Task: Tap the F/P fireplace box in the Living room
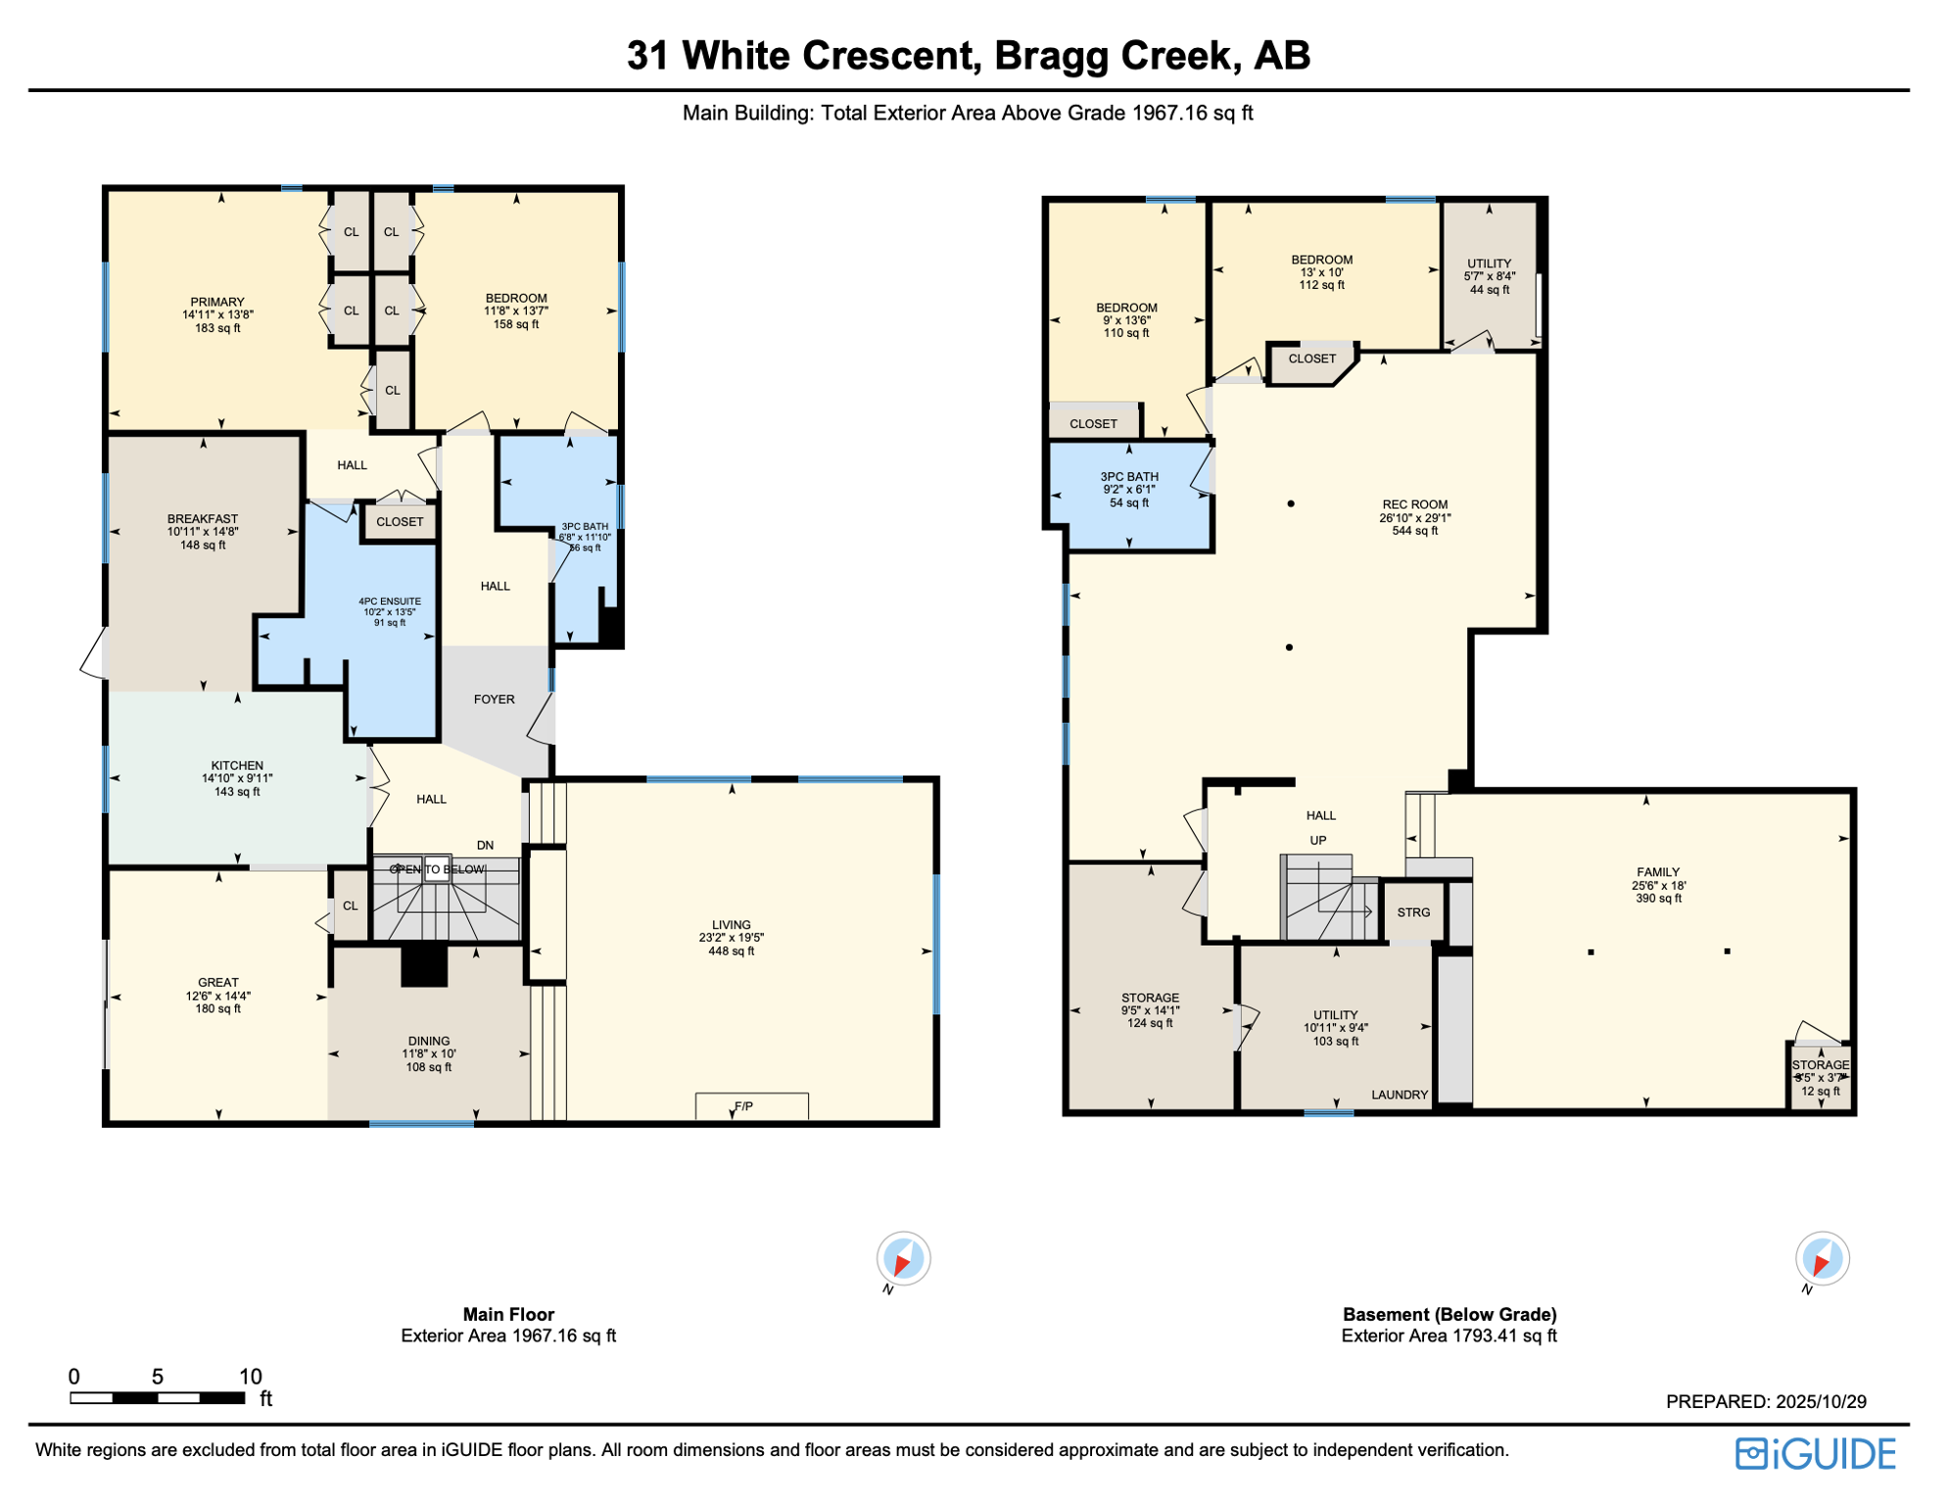pos(751,1105)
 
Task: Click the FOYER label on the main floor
pos(494,699)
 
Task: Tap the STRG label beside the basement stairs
pos(1413,912)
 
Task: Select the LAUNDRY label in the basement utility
pos(1400,1094)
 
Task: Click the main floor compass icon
pos(902,1259)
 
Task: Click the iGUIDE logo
pos(1816,1453)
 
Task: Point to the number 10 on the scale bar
pos(250,1376)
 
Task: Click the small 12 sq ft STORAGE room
pos(1820,1078)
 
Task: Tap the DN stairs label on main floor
pos(485,845)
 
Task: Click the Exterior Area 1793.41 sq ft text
pos(1449,1335)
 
